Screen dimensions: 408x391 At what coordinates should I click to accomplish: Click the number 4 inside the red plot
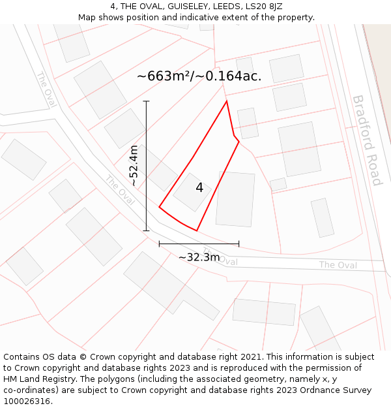tap(199, 188)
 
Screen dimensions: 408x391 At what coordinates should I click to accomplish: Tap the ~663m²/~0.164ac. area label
tap(199, 76)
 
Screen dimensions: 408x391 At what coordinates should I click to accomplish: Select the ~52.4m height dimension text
tap(134, 166)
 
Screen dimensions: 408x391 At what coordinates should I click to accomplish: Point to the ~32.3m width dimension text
tap(199, 257)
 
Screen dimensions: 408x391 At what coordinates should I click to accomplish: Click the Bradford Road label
tap(367, 140)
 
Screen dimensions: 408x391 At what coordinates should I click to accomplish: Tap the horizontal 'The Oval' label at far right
tap(338, 265)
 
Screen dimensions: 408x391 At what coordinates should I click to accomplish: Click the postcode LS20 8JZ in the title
tap(261, 7)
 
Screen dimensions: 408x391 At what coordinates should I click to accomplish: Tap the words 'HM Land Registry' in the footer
tap(37, 379)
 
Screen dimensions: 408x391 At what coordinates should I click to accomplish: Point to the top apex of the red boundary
tap(226, 101)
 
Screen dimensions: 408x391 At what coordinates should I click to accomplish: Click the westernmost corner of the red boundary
tap(159, 208)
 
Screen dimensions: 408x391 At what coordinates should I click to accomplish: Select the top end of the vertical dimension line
tap(147, 101)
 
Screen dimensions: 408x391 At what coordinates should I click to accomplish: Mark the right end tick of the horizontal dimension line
tap(239, 243)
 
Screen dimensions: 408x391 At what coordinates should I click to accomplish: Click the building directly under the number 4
tap(192, 193)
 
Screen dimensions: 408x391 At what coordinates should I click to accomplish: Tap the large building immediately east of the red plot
tap(235, 199)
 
